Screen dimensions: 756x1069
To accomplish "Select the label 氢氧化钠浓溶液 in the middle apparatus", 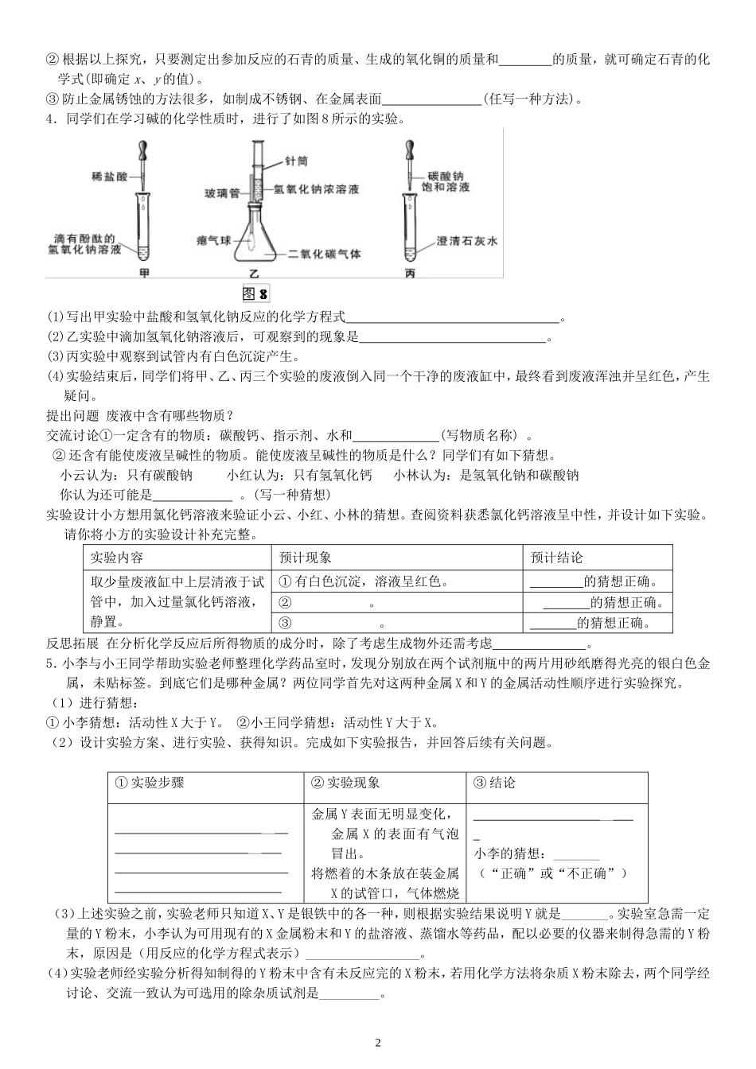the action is (316, 190).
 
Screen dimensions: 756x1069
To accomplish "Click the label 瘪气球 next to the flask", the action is (212, 239).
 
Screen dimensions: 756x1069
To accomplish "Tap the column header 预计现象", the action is (306, 558).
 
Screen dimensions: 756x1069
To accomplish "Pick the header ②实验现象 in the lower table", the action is (345, 783).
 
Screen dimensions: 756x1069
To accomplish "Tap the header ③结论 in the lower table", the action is (494, 783).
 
